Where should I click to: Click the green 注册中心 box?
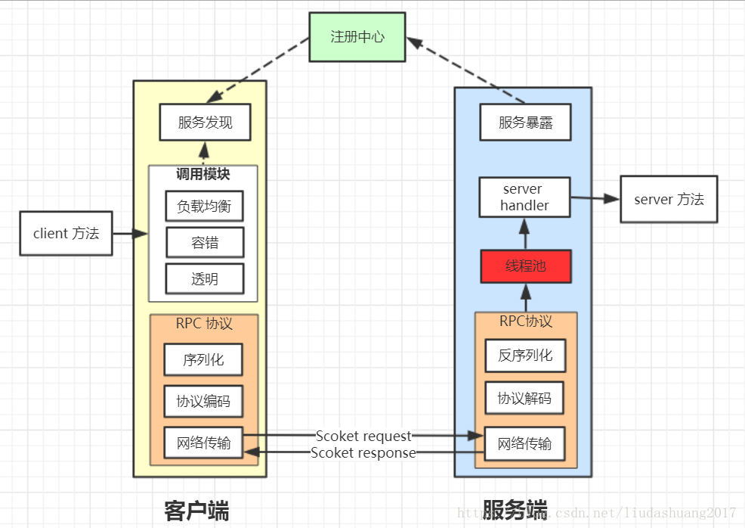click(x=357, y=37)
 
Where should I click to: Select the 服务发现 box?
click(x=205, y=123)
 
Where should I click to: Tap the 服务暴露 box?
click(x=525, y=123)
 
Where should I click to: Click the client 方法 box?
click(x=66, y=233)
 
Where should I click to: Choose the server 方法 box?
click(x=669, y=199)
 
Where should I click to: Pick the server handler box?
click(x=525, y=197)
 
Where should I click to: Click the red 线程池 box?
click(x=525, y=266)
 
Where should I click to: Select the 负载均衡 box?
click(x=204, y=206)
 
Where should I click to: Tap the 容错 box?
click(x=204, y=243)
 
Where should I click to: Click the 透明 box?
click(x=204, y=279)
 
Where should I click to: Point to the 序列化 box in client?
click(x=203, y=360)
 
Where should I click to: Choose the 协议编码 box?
click(x=203, y=401)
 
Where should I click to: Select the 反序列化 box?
click(x=524, y=356)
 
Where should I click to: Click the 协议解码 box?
click(x=524, y=398)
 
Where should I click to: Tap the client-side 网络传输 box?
click(x=203, y=443)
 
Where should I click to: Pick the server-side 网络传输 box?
click(x=524, y=443)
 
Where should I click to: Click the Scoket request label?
click(x=363, y=436)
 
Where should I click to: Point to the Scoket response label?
click(x=363, y=453)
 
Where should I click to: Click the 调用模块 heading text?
click(x=203, y=175)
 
